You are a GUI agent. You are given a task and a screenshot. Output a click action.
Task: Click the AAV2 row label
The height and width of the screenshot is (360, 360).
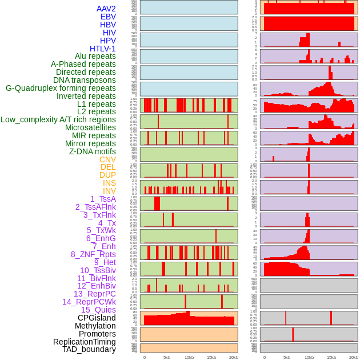(x=106, y=9)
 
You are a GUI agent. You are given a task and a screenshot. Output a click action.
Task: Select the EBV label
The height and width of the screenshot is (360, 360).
(x=107, y=17)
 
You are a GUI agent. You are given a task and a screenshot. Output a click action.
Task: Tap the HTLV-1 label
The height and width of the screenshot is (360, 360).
(x=102, y=49)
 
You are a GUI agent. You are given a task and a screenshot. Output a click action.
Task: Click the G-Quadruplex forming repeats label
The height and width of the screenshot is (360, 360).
(x=61, y=88)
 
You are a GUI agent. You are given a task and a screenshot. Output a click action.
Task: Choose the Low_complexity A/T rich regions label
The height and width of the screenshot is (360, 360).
(x=58, y=119)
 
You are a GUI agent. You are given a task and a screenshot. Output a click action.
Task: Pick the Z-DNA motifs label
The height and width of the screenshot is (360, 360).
(x=92, y=151)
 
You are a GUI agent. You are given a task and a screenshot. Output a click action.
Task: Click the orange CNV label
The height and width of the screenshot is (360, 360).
(x=107, y=159)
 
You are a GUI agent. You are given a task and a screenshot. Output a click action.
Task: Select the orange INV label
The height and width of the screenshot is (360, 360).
(x=109, y=191)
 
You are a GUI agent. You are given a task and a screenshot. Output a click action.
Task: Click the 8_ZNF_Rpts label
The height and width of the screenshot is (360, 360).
(x=93, y=254)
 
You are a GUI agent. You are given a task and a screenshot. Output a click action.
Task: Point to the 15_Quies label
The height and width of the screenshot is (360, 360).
(x=98, y=310)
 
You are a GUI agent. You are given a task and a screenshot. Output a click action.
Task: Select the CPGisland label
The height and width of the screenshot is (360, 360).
(x=97, y=318)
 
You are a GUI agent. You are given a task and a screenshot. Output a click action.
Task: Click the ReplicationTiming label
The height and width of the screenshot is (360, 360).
(x=84, y=342)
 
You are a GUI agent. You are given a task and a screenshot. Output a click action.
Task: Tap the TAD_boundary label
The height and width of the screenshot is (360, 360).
(x=89, y=349)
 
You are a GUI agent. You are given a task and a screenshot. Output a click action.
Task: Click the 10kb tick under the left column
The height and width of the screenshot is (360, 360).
(x=189, y=357)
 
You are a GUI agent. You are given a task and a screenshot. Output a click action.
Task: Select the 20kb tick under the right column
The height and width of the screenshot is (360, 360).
(x=354, y=357)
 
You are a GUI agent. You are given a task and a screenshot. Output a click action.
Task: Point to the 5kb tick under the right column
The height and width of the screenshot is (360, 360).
(x=287, y=357)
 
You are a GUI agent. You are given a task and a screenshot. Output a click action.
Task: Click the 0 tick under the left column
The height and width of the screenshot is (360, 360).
(x=144, y=357)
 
